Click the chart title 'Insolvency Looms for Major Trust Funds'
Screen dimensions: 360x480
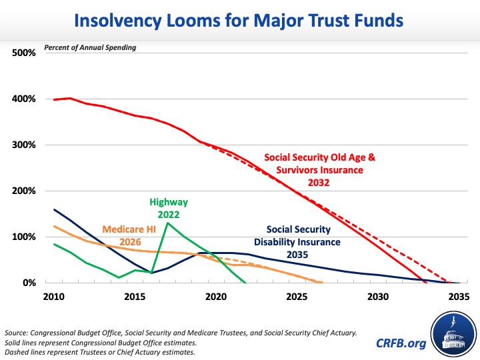pos(239,21)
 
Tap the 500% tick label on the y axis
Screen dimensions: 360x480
pos(24,53)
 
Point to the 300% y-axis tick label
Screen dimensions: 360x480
pos(24,145)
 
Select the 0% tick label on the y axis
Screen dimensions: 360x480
pos(28,283)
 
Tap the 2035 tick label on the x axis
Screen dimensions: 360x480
pos(459,296)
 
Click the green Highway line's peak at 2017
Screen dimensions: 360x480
pos(167,223)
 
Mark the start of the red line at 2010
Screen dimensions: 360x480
pos(55,99)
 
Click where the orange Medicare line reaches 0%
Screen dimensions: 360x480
pos(322,283)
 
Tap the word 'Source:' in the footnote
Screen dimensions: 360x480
pos(18,331)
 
